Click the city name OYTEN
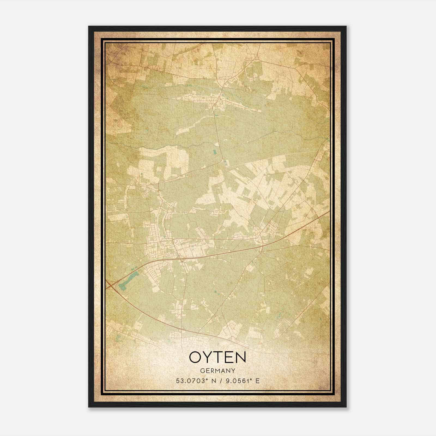point(217,357)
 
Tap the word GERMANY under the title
point(217,371)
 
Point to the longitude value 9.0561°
point(238,381)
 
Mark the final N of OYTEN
point(240,357)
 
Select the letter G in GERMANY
point(202,371)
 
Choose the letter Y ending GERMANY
point(234,371)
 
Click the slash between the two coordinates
point(218,381)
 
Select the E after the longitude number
point(257,381)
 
